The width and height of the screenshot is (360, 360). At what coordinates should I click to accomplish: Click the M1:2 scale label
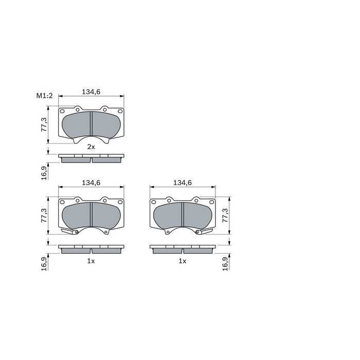(x=45, y=96)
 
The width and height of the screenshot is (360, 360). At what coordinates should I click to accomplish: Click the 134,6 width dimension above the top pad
(x=91, y=92)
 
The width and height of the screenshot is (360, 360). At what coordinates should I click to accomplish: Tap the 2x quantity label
(x=91, y=147)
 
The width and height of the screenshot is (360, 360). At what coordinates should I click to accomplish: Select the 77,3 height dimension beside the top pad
(x=44, y=124)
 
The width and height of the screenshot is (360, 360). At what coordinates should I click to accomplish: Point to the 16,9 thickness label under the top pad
(x=44, y=173)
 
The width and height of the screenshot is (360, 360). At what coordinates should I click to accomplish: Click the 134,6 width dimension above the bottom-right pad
(x=183, y=183)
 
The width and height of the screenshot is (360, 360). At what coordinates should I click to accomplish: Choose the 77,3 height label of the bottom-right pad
(x=225, y=215)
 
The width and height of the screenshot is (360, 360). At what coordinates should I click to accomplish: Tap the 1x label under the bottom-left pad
(x=91, y=261)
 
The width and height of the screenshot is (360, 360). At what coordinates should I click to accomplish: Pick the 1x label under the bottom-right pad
(x=183, y=261)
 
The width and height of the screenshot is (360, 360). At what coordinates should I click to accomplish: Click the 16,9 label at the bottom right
(x=225, y=264)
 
